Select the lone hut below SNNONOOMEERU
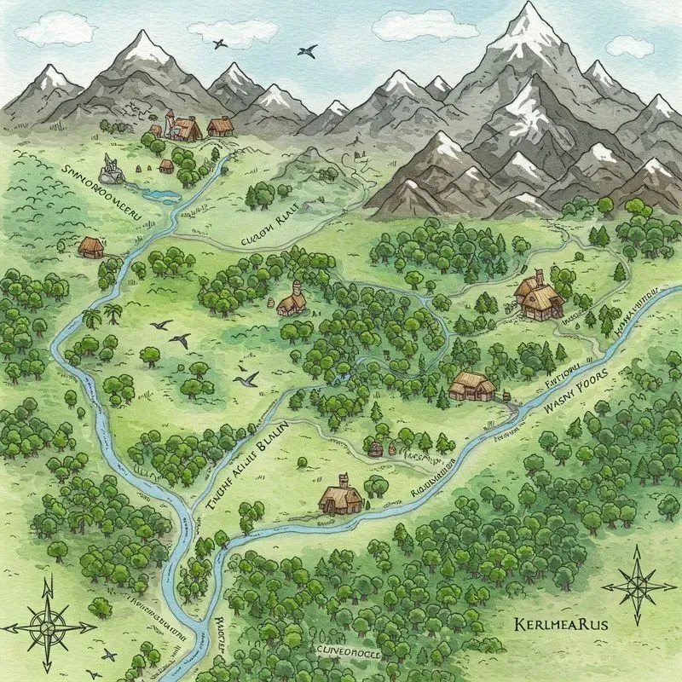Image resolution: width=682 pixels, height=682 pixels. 90,246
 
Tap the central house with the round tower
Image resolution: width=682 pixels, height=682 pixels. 291,299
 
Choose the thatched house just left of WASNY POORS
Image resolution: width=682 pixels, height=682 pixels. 471,386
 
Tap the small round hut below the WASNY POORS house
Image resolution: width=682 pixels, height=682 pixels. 374,447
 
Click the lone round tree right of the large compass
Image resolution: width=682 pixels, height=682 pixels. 101,606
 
